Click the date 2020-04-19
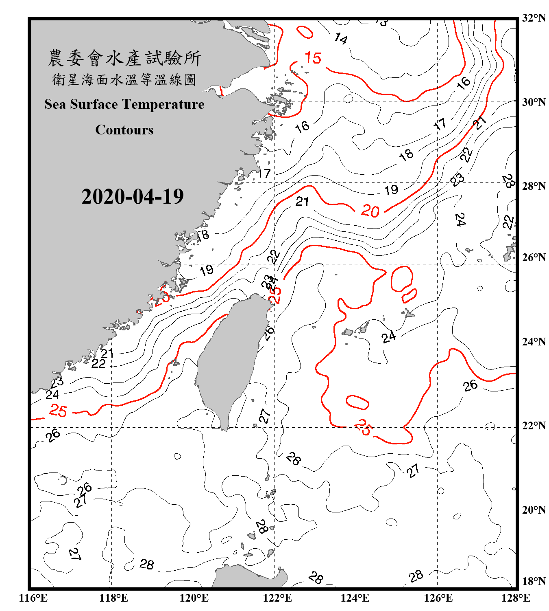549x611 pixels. coord(132,196)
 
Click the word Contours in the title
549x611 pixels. coord(124,130)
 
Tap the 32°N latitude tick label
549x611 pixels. coord(534,18)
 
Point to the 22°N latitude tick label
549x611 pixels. coord(534,426)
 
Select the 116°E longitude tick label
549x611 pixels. coord(33,598)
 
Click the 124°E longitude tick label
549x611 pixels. coord(355,598)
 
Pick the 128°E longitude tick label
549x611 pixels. coord(516,598)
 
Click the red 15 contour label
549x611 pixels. coord(313,58)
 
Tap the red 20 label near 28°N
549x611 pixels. coord(370,211)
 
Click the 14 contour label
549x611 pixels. coord(341,39)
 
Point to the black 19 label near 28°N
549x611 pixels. coord(391,190)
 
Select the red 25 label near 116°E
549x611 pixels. coord(58,411)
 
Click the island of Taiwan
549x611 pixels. coord(228,358)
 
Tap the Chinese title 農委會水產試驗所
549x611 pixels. coord(124,58)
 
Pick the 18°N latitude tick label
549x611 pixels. coord(534,581)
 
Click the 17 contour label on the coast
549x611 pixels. coord(264,174)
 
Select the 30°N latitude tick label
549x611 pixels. coord(534,102)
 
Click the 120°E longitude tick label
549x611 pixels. coord(194,598)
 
